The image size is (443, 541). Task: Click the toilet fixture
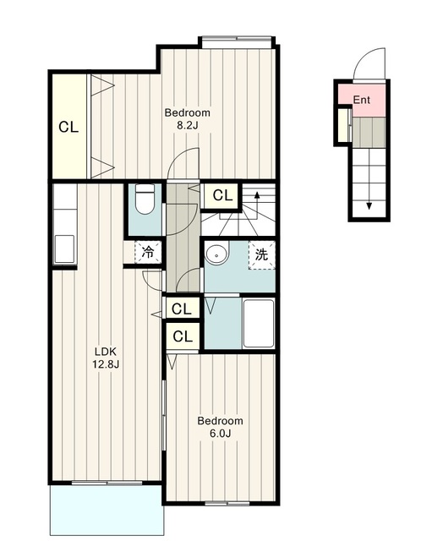coord(145,199)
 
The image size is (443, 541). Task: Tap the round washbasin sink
coord(217,254)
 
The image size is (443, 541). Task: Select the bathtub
coord(259,324)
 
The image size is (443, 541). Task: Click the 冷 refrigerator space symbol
coord(148,253)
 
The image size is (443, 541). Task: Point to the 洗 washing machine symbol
coord(261,255)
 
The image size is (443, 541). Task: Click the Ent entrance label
coord(362,100)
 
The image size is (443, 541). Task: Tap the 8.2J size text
coord(188,125)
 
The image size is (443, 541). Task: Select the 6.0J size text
coord(220,433)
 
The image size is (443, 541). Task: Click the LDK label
coord(106,352)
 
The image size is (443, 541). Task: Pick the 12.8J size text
coord(106,364)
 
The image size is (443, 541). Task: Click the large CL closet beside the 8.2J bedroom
coord(68,127)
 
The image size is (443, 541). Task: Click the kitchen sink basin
coord(64,249)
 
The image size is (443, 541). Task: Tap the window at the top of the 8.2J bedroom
coord(237,39)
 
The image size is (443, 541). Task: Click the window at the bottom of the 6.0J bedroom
coord(227,504)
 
